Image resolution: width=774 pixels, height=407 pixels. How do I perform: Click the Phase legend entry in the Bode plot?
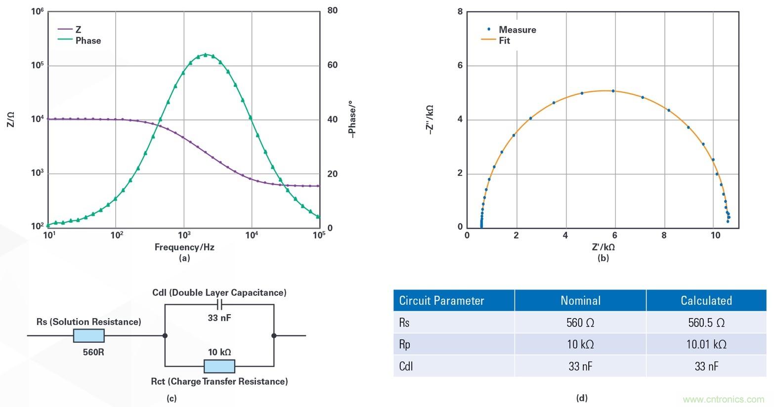click(87, 41)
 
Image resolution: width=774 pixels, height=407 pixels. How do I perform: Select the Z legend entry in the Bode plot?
click(78, 30)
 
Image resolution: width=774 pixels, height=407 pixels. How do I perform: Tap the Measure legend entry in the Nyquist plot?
click(517, 30)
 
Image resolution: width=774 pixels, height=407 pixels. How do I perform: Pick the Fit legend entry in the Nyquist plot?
click(504, 41)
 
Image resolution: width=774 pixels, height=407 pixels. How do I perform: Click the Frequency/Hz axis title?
click(184, 247)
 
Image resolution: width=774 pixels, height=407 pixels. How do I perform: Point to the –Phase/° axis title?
click(352, 119)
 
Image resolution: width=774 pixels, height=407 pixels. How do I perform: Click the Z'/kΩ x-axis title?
click(603, 247)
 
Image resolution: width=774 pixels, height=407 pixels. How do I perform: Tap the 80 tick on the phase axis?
click(332, 10)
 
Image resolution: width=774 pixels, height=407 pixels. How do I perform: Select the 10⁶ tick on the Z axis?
click(38, 11)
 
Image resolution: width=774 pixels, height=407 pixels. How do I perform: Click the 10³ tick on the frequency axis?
click(184, 235)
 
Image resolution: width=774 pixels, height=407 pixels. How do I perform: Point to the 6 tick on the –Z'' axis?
click(460, 66)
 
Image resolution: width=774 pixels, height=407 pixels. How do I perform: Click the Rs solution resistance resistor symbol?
click(89, 336)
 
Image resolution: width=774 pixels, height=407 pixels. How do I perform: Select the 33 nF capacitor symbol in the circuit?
click(219, 304)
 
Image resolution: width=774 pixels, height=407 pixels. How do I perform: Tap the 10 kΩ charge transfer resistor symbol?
click(219, 366)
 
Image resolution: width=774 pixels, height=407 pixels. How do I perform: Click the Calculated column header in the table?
click(706, 300)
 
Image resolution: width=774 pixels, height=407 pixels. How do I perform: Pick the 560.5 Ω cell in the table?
click(706, 323)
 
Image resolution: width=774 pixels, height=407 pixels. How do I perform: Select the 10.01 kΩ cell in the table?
click(706, 344)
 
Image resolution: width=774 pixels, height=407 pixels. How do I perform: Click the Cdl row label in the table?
click(406, 366)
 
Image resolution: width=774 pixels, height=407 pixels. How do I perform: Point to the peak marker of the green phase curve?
click(206, 55)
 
